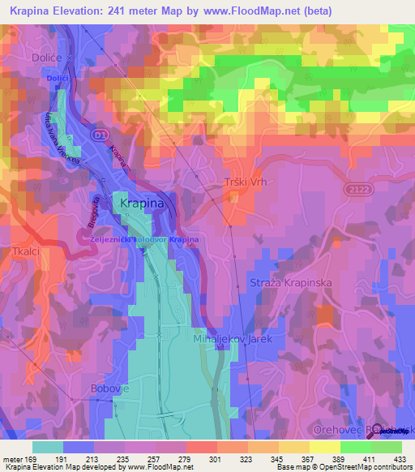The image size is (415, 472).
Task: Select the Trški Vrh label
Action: click(245, 182)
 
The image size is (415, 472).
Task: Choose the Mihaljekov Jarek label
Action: click(227, 339)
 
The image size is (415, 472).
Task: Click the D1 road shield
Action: click(99, 133)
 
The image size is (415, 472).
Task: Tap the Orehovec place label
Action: click(336, 429)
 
